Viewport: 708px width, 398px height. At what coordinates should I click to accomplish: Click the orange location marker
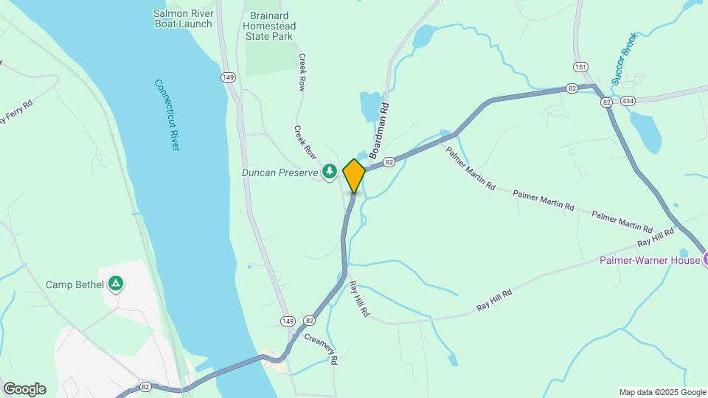click(354, 175)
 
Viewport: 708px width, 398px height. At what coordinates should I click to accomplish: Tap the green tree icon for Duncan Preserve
click(330, 172)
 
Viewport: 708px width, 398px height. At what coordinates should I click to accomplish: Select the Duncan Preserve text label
click(280, 173)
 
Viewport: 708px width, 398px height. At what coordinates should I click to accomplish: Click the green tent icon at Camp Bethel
click(115, 284)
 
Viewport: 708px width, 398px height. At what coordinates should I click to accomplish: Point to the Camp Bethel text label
click(76, 284)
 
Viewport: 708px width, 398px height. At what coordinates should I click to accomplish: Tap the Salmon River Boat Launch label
click(183, 18)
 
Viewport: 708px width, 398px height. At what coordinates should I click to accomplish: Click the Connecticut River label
click(167, 115)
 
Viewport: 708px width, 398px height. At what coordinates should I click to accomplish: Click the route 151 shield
click(581, 67)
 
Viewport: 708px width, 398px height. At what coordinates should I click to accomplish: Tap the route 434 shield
click(628, 100)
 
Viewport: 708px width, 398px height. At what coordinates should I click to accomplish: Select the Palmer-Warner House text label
click(649, 259)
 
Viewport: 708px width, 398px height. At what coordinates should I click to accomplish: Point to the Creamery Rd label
click(322, 349)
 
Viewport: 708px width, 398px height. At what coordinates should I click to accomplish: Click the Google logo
click(24, 389)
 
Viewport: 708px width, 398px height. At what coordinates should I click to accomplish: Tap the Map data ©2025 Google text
click(662, 392)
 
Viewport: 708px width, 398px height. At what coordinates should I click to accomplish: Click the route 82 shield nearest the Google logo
click(145, 386)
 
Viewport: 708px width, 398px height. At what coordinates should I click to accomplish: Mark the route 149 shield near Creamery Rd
click(287, 321)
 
